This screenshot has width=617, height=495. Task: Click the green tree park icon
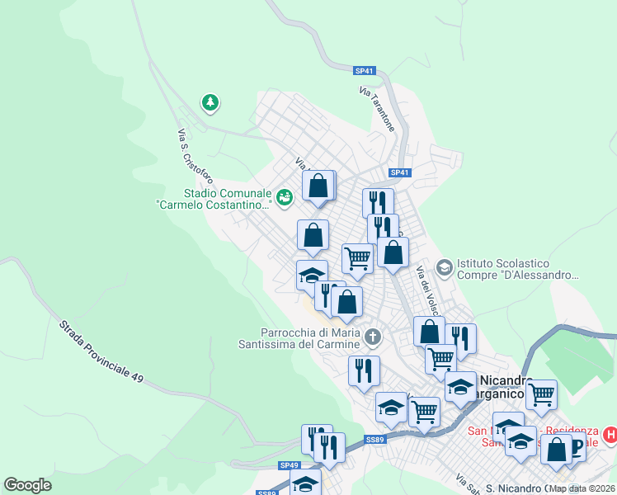coord(211,103)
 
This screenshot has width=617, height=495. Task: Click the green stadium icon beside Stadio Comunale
coord(285,196)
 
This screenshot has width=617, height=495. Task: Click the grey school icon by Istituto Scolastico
coord(445,267)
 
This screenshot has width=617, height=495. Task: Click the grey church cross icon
coord(373,337)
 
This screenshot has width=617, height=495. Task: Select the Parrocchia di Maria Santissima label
coord(299,337)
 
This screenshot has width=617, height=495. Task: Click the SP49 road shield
coord(289,465)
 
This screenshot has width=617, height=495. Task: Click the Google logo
coord(27,485)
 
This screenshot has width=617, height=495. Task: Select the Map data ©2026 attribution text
coord(582,488)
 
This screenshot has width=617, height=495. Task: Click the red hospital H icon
coord(610,434)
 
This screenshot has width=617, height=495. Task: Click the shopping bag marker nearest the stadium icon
coord(318,186)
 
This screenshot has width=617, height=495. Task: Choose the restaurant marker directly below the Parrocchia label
coord(364,370)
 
